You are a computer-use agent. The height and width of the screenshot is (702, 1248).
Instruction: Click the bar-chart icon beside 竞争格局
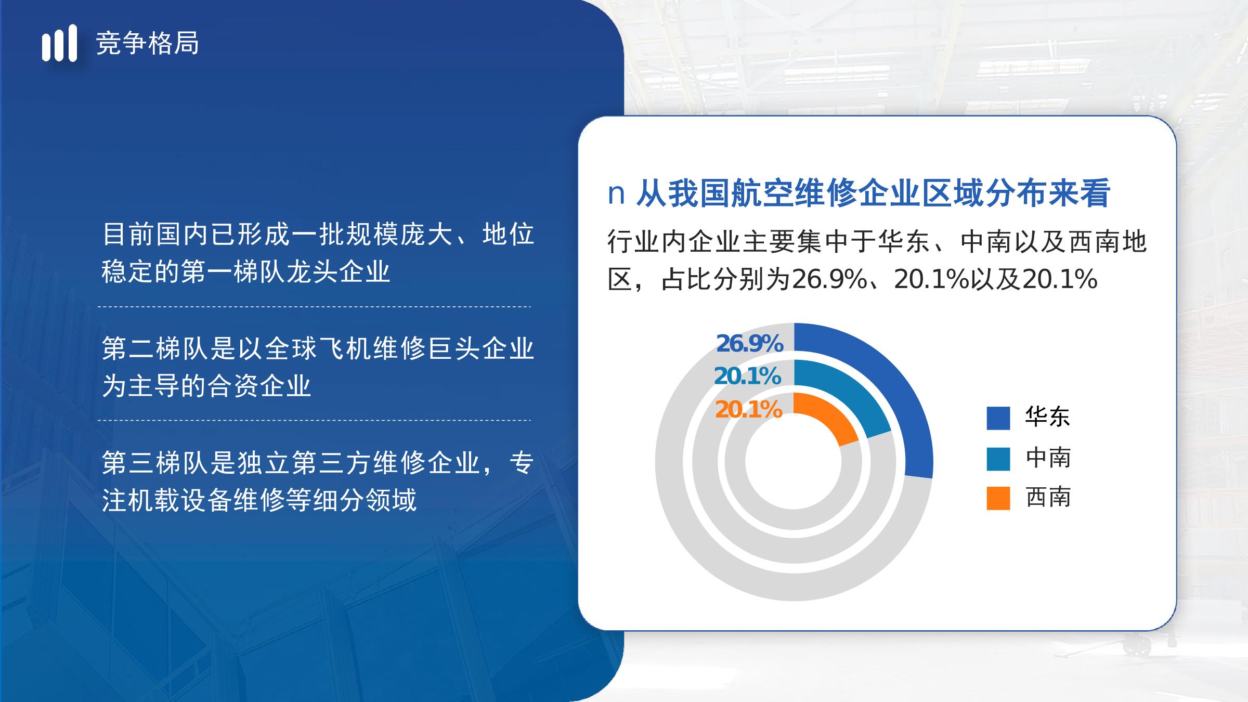[59, 43]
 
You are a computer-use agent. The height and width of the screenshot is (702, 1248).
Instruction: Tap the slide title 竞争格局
[147, 43]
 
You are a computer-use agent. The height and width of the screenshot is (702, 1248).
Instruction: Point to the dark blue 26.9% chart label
[749, 343]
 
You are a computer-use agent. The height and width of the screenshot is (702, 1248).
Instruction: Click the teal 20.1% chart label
[748, 376]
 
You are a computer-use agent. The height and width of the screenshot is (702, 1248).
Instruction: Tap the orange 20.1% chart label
[749, 410]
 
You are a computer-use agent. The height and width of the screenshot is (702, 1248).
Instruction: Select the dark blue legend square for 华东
[998, 418]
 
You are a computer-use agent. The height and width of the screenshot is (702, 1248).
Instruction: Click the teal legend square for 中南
[998, 459]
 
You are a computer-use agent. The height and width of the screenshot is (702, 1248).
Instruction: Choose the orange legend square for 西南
[998, 498]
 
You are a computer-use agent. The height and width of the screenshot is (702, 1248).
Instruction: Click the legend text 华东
[1048, 417]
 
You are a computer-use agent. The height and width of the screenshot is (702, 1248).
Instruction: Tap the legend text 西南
[1048, 498]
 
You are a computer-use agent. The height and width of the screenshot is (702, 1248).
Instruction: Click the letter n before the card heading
[616, 193]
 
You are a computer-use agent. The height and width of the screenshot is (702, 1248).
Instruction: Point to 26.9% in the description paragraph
[829, 279]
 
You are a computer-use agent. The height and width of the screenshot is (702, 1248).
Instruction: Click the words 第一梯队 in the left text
[232, 271]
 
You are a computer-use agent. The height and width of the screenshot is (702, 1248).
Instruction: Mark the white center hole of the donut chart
[794, 462]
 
